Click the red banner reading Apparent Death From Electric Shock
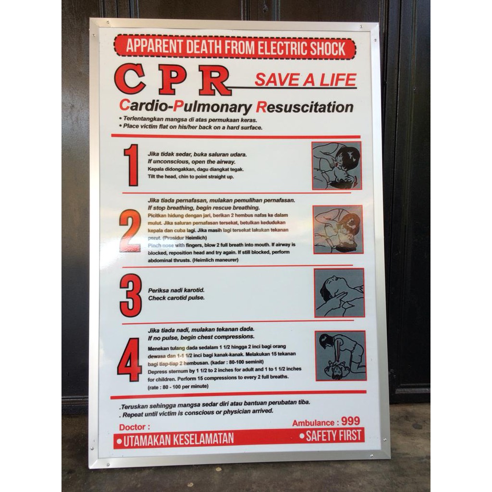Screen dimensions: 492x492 click(235, 48)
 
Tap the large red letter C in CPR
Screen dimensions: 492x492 click(130, 79)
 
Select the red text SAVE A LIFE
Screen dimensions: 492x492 click(305, 80)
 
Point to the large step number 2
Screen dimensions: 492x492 click(130, 231)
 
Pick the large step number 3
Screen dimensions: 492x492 click(130, 295)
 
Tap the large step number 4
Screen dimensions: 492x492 click(129, 360)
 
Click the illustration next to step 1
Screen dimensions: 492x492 click(336, 165)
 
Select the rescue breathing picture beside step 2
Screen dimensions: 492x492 click(338, 229)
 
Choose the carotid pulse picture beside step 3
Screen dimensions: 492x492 click(339, 293)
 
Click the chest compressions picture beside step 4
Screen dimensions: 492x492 click(341, 356)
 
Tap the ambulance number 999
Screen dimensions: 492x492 click(350, 421)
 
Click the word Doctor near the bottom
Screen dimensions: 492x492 click(134, 427)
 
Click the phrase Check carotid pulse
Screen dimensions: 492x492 click(176, 298)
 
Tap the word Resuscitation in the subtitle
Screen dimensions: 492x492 click(305, 107)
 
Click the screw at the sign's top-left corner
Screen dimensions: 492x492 click(95, 23)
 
